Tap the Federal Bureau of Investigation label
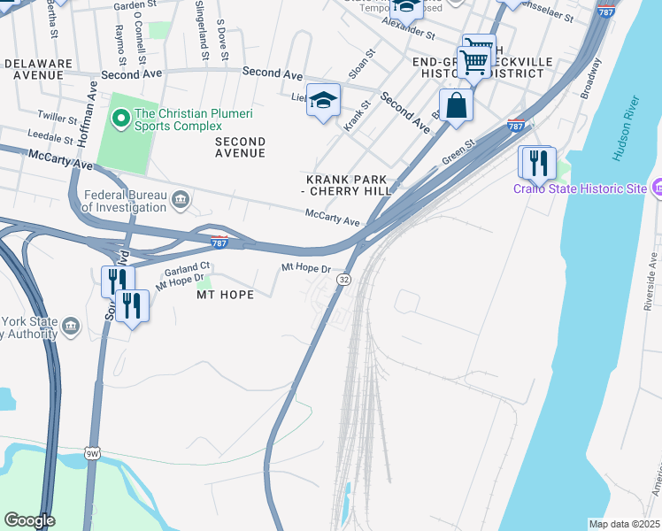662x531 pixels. tap(124, 201)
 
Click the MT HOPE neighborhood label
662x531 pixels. tap(224, 294)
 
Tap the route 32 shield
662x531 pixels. tap(344, 279)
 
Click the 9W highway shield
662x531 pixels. tap(92, 453)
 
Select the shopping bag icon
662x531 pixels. tap(456, 105)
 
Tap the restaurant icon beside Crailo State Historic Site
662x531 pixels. tap(536, 163)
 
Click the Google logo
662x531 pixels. tap(29, 520)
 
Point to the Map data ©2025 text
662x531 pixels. tap(624, 523)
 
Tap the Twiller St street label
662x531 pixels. tap(58, 116)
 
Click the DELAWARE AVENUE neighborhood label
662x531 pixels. tap(36, 70)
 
